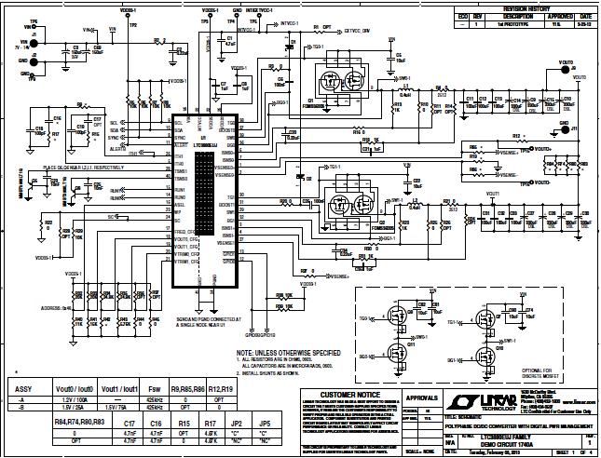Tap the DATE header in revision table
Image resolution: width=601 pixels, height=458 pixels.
pos(584,16)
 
